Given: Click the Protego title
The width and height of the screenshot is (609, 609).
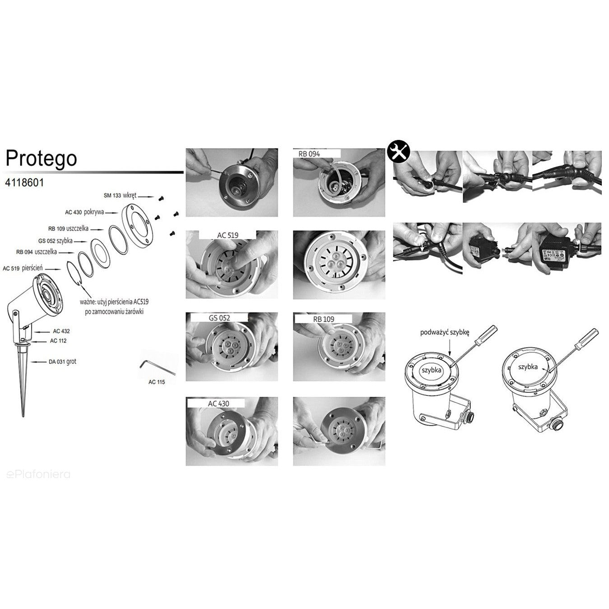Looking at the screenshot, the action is (41, 158).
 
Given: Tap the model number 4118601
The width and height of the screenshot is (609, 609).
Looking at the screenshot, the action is (24, 183).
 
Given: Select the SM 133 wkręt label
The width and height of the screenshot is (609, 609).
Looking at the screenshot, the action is (120, 195).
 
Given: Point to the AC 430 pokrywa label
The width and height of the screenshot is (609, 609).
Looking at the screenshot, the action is (84, 212).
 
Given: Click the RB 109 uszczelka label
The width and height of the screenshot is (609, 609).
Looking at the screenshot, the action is (68, 228).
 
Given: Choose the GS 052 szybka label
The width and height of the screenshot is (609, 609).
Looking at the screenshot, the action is (56, 241).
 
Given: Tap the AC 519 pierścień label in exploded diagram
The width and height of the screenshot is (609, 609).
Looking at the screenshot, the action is (23, 268).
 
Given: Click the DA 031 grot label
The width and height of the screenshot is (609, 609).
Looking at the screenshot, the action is (63, 362).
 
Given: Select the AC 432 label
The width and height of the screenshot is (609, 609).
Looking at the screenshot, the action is (61, 331).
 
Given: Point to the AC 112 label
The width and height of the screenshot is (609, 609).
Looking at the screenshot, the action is (58, 341).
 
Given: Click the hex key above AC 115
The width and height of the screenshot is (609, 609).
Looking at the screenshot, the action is (158, 367).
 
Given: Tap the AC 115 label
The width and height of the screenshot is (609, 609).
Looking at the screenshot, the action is (157, 382).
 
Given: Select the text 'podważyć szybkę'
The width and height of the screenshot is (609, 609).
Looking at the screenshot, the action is (445, 332).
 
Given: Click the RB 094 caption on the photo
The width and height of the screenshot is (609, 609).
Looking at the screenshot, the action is (309, 154).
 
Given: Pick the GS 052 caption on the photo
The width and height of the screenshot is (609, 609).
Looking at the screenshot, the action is (219, 318).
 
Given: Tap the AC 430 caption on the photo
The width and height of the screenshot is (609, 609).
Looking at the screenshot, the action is (218, 404).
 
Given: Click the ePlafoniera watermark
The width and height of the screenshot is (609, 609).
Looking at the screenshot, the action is (38, 474).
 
